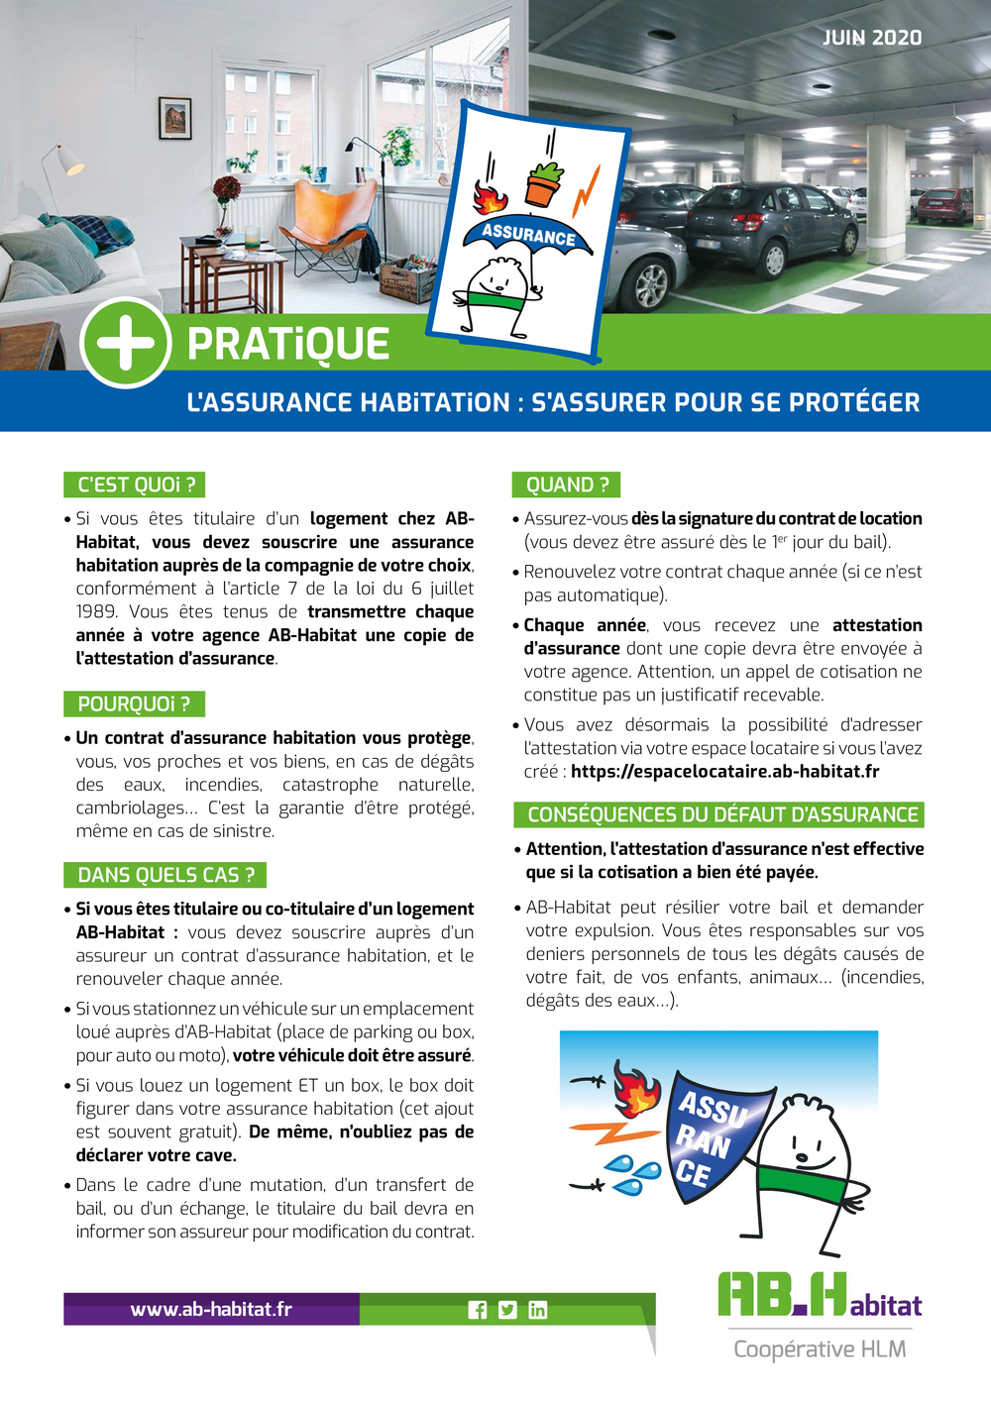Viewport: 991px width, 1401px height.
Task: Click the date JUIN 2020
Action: point(872,38)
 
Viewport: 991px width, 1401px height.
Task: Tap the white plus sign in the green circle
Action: point(126,343)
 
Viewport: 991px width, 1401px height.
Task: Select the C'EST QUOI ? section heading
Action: point(135,485)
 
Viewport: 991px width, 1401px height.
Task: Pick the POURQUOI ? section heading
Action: point(134,704)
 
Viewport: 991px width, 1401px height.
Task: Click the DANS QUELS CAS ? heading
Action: point(165,875)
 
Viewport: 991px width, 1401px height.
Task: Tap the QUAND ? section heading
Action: point(567,485)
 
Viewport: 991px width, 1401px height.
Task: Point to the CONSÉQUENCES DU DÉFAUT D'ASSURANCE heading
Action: point(719,814)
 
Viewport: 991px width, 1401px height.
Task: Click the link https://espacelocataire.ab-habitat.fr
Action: point(725,771)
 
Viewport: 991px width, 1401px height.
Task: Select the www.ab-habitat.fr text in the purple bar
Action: point(211,1309)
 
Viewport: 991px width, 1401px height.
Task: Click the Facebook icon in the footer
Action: point(478,1310)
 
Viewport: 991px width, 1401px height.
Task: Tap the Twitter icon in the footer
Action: point(507,1310)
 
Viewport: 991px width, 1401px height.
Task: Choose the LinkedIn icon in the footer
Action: point(537,1310)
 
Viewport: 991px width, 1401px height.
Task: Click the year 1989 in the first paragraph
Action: point(97,611)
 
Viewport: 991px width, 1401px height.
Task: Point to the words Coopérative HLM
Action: point(820,1348)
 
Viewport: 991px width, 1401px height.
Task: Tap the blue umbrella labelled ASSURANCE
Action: point(528,239)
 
